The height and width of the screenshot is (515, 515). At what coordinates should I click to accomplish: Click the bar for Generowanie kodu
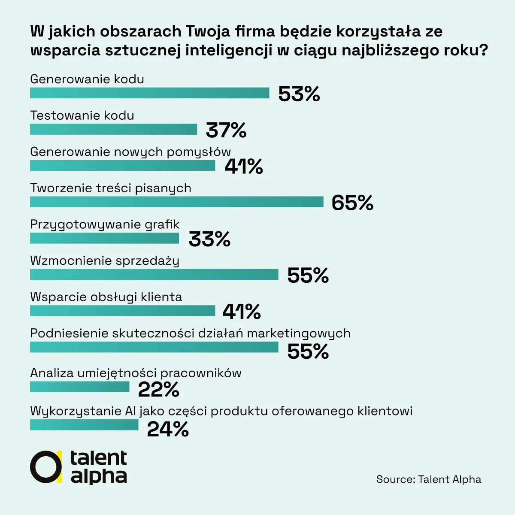pos(149,93)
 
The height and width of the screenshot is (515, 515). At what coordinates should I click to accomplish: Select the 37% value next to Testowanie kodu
pos(226,130)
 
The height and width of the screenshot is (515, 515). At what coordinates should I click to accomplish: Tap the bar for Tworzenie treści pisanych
pos(176,202)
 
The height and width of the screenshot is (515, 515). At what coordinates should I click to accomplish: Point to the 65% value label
pos(352,203)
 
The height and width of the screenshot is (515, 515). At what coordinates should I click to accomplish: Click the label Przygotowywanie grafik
pos(105,224)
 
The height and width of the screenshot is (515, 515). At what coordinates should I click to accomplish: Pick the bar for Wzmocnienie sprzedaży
pos(154,274)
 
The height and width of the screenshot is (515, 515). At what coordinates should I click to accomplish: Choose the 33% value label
pos(209,239)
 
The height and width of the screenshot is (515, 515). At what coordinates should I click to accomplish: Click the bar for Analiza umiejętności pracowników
pos(79,387)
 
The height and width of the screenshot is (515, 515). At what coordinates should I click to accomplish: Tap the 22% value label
pos(158,390)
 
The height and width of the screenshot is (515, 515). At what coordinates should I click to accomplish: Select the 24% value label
pos(168,429)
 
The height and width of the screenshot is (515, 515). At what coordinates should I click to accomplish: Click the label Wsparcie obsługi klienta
pos(106,297)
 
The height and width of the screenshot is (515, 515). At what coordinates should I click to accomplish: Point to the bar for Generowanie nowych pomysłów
pos(122,166)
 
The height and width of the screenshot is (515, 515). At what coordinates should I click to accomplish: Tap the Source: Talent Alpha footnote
pos(429,479)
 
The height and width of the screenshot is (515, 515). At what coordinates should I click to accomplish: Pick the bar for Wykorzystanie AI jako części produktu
pos(84,425)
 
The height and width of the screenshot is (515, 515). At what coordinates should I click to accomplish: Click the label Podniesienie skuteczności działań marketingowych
pos(190,333)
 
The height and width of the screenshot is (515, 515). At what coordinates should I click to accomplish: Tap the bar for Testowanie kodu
pos(113,129)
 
